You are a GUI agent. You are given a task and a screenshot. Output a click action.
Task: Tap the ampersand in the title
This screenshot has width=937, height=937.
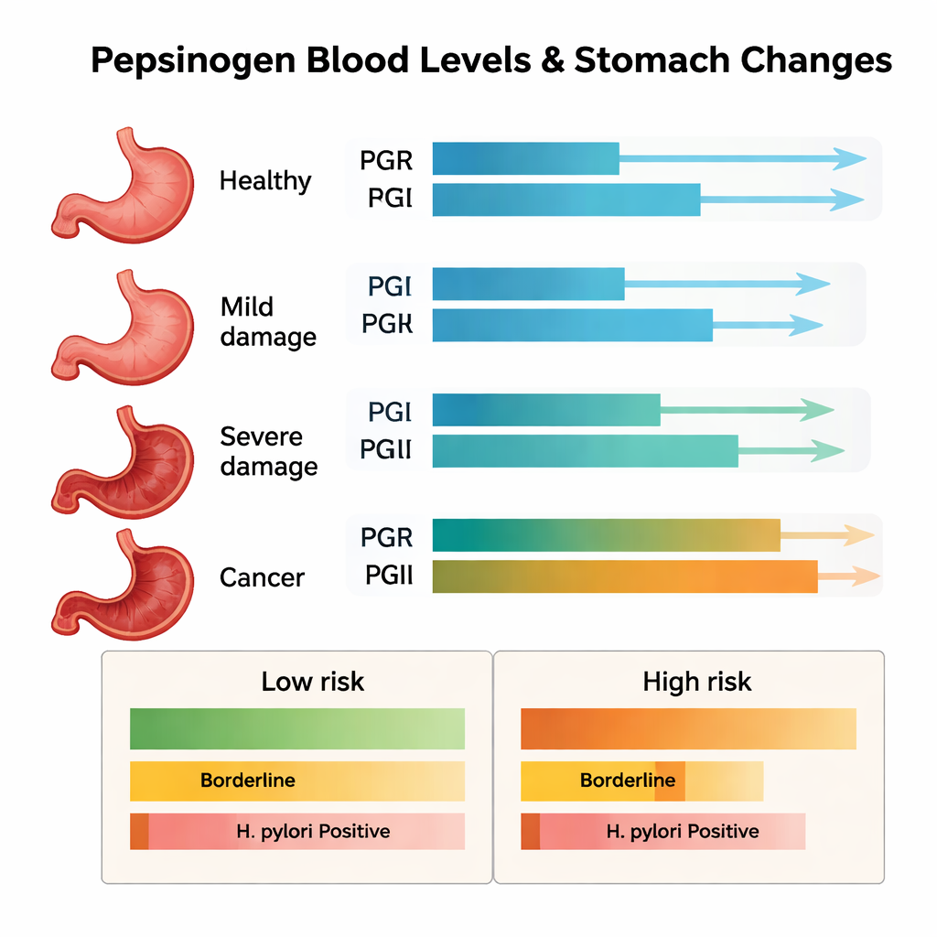pos(551,60)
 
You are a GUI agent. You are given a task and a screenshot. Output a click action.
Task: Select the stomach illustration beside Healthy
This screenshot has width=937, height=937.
pos(124,187)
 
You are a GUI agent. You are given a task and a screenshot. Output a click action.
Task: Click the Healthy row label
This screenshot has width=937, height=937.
pos(265,180)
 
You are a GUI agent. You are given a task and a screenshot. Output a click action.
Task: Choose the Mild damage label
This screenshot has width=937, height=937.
pos(268,321)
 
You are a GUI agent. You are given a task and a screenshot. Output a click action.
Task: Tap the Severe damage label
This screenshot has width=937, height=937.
pos(268,451)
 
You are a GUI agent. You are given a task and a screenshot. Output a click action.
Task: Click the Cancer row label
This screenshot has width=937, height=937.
pos(262,577)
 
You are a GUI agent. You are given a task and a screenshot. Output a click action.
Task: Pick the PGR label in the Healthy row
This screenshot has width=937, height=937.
pos(386,161)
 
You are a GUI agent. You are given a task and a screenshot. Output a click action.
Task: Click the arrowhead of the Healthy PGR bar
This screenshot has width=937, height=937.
pos(850,159)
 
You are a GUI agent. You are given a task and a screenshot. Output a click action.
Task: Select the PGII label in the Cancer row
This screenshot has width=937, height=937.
pos(389,576)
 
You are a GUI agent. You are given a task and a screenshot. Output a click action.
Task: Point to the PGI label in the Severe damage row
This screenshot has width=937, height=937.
pos(390,412)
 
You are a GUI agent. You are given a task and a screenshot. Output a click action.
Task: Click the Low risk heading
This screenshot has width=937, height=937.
pos(313,682)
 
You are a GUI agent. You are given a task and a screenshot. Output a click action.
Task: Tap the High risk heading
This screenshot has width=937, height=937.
pos(697,682)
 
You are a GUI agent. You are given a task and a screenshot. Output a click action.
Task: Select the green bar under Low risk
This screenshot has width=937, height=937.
pos(297,729)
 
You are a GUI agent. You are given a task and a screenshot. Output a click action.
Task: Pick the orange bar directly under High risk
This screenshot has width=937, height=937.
pos(688,729)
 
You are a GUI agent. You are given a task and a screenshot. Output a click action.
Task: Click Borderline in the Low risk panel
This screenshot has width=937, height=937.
pos(247,781)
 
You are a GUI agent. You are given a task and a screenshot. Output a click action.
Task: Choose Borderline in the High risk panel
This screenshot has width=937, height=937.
pos(628,781)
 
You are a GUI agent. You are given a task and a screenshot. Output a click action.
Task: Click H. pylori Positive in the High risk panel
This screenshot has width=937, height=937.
pos(683,832)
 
